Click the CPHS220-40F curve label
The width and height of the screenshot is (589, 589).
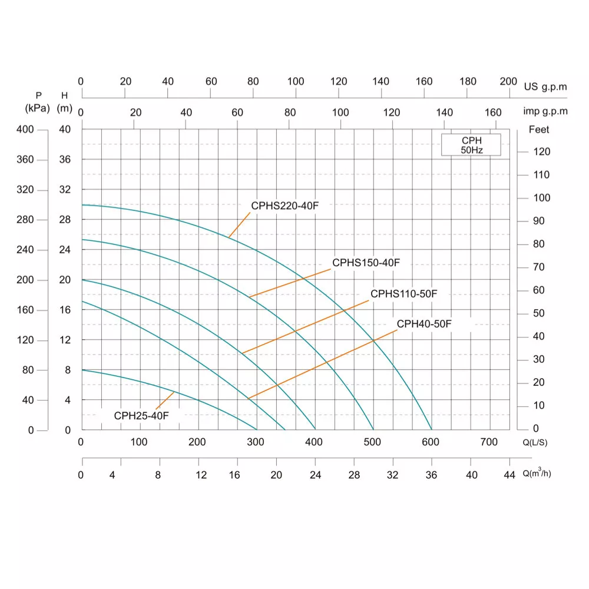(284, 206)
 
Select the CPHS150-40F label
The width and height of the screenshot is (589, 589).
(366, 263)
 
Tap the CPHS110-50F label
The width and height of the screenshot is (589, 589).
(404, 294)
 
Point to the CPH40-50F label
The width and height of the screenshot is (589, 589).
(424, 324)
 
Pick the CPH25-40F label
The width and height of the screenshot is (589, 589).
(141, 416)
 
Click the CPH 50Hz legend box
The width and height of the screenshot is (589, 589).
(471, 145)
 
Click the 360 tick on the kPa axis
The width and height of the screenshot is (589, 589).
(25, 160)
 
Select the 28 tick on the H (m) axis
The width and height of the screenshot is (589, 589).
(65, 220)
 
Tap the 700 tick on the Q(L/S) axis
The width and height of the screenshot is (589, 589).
(489, 442)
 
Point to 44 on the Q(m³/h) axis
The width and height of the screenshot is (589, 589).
(509, 475)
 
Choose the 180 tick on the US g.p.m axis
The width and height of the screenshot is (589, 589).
(468, 81)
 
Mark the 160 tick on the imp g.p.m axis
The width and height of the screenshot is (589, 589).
(493, 112)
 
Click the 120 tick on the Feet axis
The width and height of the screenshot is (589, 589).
(542, 152)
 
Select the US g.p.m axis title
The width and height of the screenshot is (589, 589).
(545, 87)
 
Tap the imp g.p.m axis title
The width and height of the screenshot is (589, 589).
(545, 111)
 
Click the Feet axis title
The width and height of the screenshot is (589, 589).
(539, 130)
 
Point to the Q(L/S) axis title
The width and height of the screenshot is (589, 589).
(535, 442)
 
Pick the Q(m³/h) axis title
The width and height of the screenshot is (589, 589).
(537, 472)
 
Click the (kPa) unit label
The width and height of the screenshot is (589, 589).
(37, 108)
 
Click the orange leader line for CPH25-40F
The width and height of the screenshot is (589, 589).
(165, 401)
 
